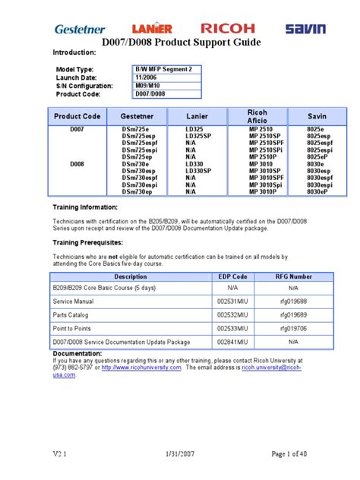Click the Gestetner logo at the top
80,29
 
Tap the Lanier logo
153,29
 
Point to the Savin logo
305,29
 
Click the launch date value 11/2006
147,77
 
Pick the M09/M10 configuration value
148,86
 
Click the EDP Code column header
233,277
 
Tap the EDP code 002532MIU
233,314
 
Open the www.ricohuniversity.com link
141,368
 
